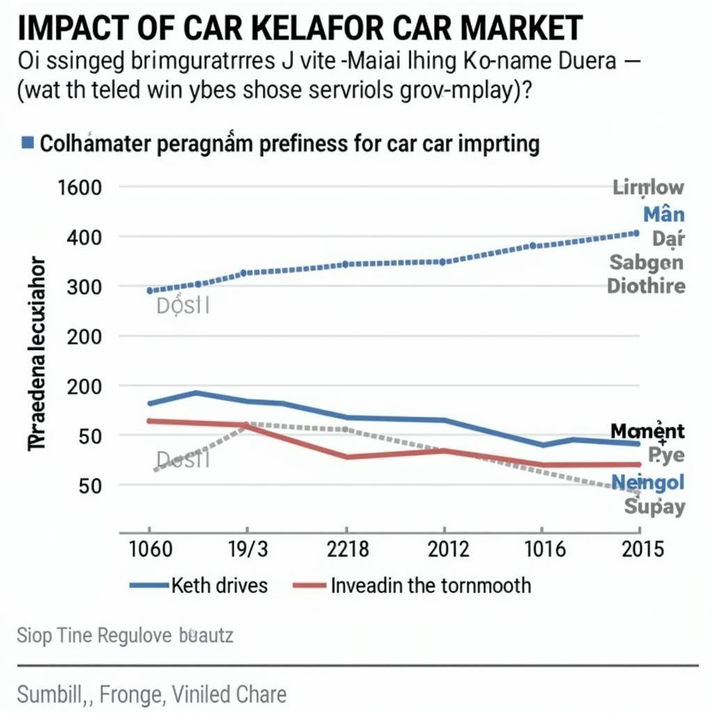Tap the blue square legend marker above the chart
[x=27, y=143]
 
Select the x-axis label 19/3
[x=247, y=549]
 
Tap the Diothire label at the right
[x=645, y=285]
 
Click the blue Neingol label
[x=648, y=482]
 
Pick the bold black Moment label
[x=647, y=432]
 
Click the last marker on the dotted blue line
[x=636, y=233]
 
